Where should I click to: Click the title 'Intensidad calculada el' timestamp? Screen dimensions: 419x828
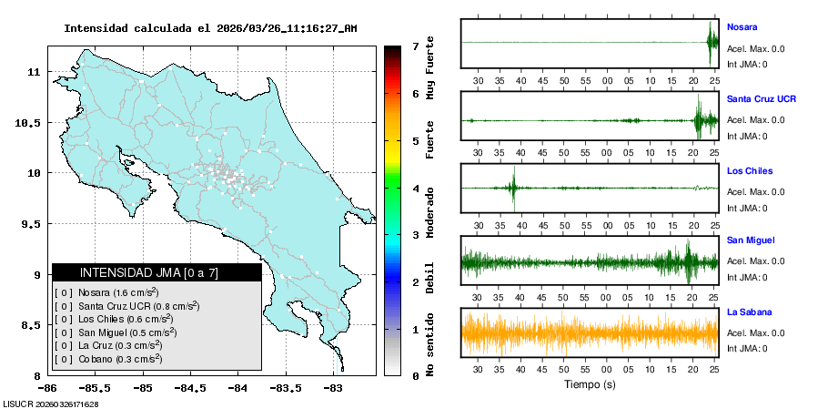pyautogui.click(x=210, y=28)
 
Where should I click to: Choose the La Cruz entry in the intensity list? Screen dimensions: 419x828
pyautogui.click(x=108, y=345)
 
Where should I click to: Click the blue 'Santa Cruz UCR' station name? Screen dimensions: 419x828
pyautogui.click(x=762, y=97)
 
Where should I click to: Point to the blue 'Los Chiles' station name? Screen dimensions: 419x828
pyautogui.click(x=750, y=170)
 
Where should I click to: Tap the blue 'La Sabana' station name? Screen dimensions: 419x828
pyautogui.click(x=750, y=312)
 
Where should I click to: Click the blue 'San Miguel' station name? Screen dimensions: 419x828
pyautogui.click(x=751, y=240)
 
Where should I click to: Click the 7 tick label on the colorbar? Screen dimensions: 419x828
pyautogui.click(x=415, y=46)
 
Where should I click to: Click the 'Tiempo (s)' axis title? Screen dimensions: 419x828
pyautogui.click(x=590, y=384)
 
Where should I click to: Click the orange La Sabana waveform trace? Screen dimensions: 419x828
pyautogui.click(x=590, y=332)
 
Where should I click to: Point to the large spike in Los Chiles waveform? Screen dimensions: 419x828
pyautogui.click(x=513, y=188)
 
